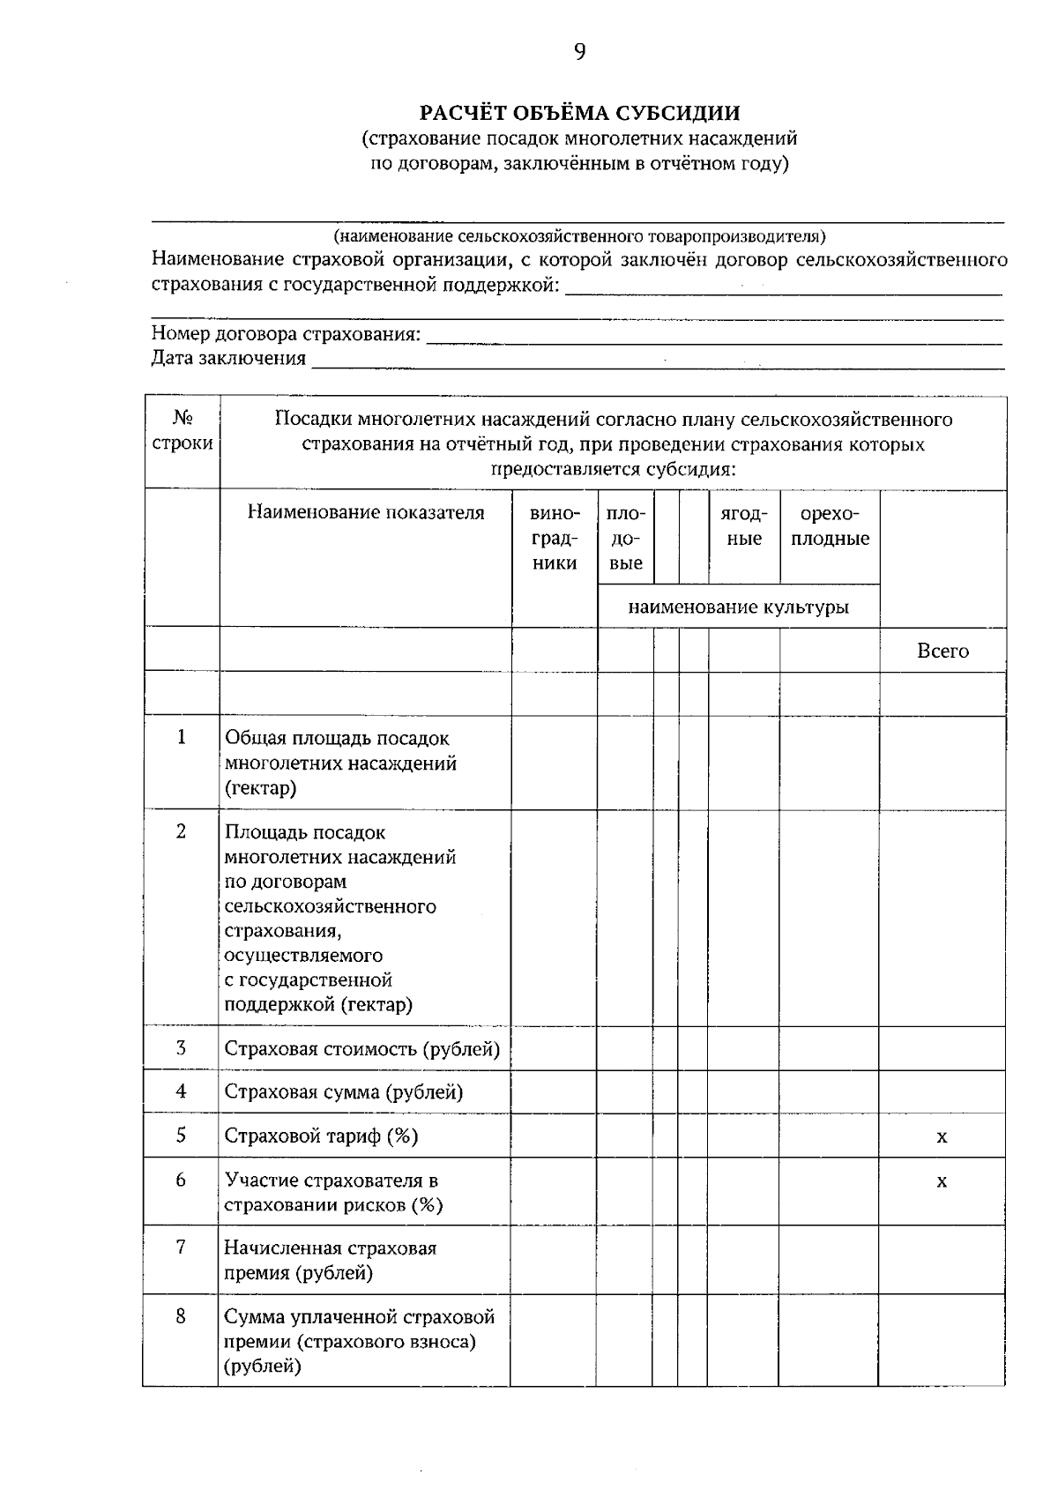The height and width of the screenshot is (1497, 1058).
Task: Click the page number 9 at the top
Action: [579, 52]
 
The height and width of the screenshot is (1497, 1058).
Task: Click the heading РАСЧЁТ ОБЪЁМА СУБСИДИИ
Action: [579, 113]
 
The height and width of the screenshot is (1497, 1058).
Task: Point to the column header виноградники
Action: [555, 538]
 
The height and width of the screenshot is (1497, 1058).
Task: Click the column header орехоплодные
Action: [830, 526]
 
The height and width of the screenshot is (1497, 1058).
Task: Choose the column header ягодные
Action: [744, 526]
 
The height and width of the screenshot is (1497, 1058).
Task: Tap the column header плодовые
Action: [626, 538]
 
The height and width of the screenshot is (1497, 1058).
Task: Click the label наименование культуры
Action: [738, 607]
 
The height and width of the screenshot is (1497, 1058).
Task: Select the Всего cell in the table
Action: [943, 651]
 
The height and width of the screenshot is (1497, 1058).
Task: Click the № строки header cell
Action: [182, 430]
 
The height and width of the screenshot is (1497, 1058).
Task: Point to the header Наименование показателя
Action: [365, 512]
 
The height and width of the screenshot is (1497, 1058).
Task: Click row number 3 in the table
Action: [181, 1047]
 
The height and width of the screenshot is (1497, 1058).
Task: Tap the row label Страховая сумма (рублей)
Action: [344, 1091]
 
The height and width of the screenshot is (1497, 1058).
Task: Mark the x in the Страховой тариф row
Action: [942, 1136]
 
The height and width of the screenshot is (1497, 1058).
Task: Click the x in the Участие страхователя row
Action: [942, 1181]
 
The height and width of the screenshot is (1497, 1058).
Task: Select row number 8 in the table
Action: [181, 1316]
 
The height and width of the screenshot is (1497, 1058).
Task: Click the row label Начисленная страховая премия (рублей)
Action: [330, 1260]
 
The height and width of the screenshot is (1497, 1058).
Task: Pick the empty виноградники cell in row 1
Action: [555, 763]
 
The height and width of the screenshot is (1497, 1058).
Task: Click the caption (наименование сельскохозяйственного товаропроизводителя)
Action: [579, 236]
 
